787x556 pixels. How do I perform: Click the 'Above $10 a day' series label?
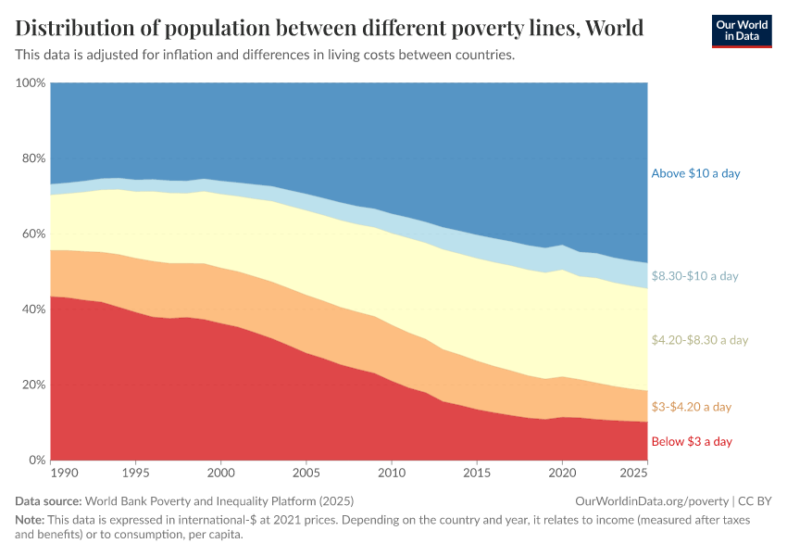tap(695, 173)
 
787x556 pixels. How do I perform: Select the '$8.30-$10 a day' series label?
tap(695, 276)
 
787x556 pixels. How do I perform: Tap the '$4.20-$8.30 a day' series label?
tap(699, 340)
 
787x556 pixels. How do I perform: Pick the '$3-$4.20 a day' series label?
tap(692, 407)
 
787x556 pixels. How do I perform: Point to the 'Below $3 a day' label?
tap(692, 441)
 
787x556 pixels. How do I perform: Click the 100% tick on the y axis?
tap(31, 83)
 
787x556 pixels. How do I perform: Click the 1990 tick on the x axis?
tap(65, 474)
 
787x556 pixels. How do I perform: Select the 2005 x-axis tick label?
tap(306, 474)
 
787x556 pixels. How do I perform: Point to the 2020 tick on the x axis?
tap(562, 474)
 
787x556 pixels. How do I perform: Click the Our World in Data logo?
tap(741, 31)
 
